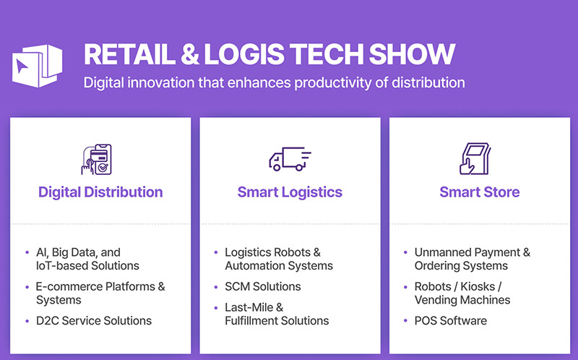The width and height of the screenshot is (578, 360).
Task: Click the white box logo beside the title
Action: pos(37,66)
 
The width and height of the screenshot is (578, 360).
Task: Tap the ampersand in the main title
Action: pos(190,55)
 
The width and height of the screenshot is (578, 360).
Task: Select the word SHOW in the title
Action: pos(412,55)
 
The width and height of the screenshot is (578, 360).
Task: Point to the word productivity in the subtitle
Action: pos(332,82)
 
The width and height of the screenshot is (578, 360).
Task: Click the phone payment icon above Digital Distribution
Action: pos(97,159)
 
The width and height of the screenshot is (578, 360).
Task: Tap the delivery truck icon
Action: pos(290,159)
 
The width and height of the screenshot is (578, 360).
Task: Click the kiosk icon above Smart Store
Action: pos(475,158)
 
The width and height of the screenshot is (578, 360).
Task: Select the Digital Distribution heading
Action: pos(100,192)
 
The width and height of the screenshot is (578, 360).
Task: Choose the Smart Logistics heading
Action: pos(290,192)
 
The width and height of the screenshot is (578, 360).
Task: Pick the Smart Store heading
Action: pos(480,192)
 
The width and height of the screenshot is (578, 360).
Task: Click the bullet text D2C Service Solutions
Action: pos(94,320)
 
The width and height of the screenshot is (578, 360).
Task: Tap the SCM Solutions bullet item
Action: pos(263,286)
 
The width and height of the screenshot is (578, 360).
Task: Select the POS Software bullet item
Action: pos(450,320)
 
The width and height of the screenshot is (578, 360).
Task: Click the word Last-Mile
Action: pos(249,307)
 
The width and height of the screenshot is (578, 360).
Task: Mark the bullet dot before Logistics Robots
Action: pos(216,253)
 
